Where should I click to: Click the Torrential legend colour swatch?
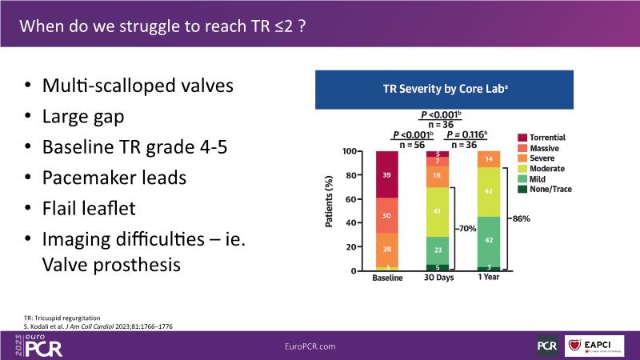[x=522, y=138]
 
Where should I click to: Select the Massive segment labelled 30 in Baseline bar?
[x=386, y=215]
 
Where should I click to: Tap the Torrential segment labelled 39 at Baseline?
[x=386, y=174]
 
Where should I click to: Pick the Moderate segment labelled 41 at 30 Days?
[x=438, y=211]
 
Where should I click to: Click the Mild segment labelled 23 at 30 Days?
[x=438, y=250]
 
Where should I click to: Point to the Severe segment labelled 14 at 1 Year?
[x=489, y=158]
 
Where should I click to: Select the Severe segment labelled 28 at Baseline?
[x=386, y=250]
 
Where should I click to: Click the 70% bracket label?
[x=467, y=229]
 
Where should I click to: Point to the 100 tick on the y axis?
[x=349, y=151]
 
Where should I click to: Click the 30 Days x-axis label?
[x=438, y=278]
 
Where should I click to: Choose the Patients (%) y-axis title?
[x=330, y=211]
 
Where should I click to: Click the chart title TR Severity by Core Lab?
[x=439, y=90]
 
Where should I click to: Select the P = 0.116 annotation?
[x=467, y=134]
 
